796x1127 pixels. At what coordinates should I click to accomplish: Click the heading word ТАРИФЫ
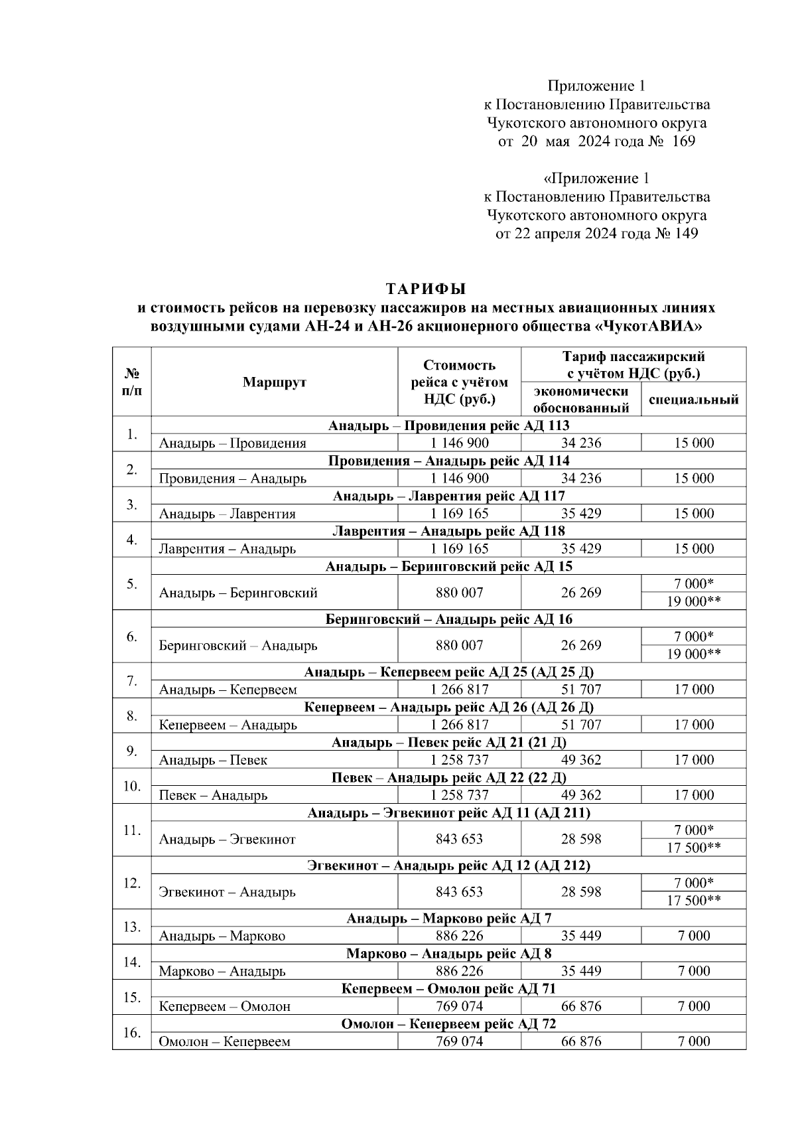point(426,289)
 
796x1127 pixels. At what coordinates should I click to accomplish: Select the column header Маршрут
point(274,382)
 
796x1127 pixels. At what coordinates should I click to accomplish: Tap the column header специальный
point(693,400)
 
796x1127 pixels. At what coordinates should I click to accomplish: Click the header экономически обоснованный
point(580,400)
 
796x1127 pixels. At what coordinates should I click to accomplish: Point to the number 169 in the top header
point(683,141)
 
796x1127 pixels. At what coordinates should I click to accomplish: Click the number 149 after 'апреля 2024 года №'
point(685,234)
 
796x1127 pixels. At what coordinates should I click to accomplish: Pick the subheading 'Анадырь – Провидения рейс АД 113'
point(448,425)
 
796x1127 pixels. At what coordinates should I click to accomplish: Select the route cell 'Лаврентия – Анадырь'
point(228,549)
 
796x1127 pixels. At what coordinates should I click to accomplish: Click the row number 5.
point(131,584)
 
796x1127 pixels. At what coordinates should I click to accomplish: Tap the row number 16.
point(131,1033)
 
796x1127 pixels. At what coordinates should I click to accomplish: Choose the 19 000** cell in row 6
point(693,654)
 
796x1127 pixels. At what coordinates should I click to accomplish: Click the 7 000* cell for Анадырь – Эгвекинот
point(693,830)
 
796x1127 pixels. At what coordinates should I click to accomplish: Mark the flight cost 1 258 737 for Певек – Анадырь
point(459,795)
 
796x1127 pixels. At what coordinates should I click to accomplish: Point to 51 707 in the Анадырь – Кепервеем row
point(580,690)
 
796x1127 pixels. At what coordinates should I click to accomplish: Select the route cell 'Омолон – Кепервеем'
point(224,1041)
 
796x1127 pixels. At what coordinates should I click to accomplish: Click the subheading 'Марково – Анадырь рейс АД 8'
point(448,954)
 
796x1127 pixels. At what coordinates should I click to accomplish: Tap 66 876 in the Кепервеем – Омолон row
point(580,1006)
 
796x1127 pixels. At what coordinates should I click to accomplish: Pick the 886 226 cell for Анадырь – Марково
point(459,936)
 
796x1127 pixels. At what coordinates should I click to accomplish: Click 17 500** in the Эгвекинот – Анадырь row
point(693,901)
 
